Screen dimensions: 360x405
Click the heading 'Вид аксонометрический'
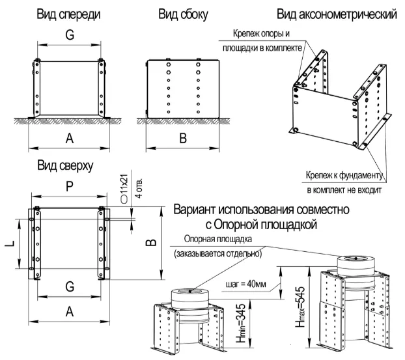tap(336, 14)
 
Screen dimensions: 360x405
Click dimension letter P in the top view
tap(69, 187)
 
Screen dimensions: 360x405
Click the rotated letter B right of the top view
tap(151, 242)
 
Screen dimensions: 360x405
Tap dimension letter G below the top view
tap(69, 286)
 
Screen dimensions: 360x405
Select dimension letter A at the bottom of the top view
tap(69, 312)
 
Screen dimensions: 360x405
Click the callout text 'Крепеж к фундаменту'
tap(345, 175)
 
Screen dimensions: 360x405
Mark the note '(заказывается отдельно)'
tap(217, 254)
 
